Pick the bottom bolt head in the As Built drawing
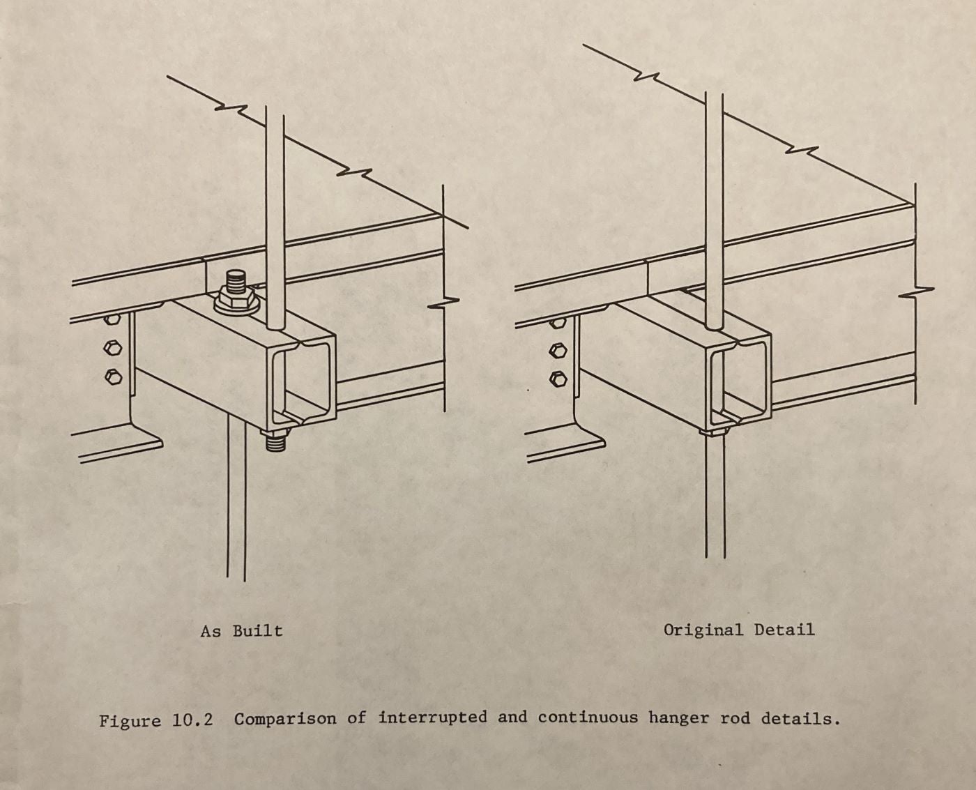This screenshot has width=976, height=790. click(113, 377)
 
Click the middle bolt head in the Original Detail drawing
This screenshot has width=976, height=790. click(558, 349)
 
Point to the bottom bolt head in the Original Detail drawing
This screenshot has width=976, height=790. click(558, 379)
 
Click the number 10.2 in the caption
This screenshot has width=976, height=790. click(192, 720)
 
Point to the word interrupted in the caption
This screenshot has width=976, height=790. click(432, 718)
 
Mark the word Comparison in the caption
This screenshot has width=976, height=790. click(284, 719)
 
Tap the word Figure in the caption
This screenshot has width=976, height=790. click(130, 720)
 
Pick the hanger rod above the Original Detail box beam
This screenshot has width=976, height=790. click(714, 209)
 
